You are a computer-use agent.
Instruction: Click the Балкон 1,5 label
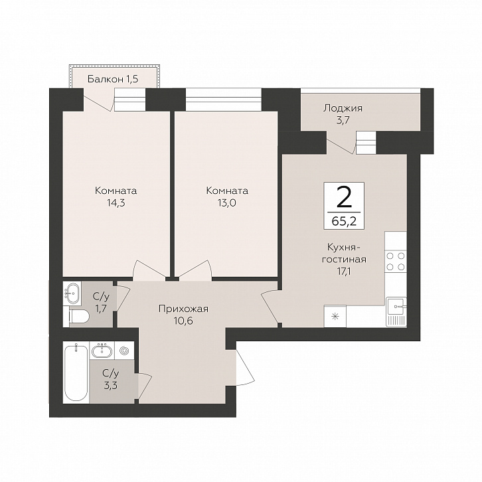pos(113,79)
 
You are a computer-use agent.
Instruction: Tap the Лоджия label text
pos(343,108)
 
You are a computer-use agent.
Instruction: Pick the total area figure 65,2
pos(344,221)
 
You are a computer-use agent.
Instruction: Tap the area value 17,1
pos(344,272)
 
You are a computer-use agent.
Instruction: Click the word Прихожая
pos(183,309)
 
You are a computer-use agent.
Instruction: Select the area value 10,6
pos(183,321)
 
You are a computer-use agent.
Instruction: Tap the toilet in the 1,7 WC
pos(79,316)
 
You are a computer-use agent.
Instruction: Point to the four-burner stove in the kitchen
pos(396,262)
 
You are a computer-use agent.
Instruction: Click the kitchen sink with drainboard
pos(396,312)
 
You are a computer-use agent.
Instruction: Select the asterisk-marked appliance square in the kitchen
pos(335,316)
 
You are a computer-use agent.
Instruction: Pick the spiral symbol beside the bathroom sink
pos(125,351)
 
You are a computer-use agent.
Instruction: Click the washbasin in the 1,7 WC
pos(72,293)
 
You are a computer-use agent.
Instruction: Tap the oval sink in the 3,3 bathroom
pos(102,351)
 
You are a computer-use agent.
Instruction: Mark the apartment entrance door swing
pos(245,367)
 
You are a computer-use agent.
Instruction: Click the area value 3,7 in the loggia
pos(343,120)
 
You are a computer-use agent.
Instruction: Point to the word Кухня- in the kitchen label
pos(344,247)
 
